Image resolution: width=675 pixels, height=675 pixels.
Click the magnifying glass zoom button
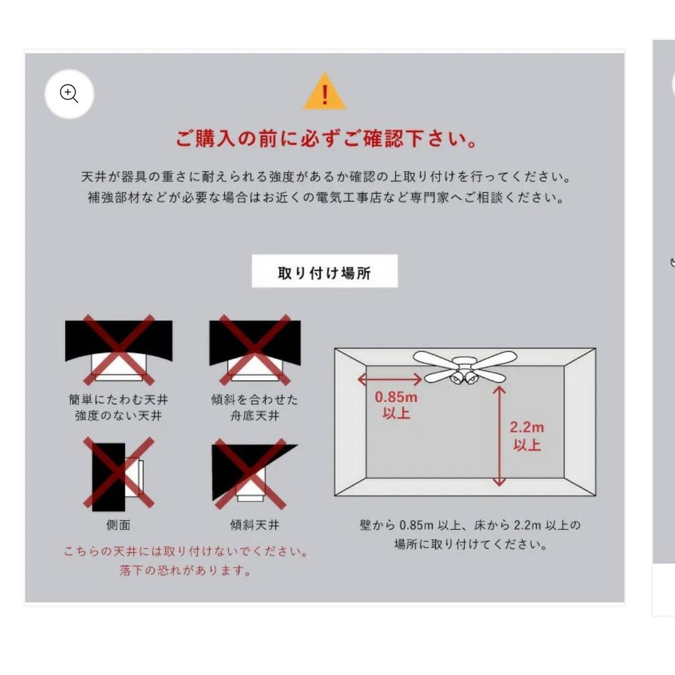(69, 94)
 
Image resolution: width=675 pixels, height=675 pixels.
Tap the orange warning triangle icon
(324, 92)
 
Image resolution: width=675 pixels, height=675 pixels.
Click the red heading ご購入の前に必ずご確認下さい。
(326, 139)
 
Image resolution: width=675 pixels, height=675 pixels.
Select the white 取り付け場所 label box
(324, 272)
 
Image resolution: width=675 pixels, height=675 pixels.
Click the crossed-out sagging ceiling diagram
(119, 349)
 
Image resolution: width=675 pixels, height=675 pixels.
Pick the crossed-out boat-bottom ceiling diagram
(254, 349)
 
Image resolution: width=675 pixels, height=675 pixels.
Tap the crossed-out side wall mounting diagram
(119, 472)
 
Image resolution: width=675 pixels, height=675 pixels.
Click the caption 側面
(118, 526)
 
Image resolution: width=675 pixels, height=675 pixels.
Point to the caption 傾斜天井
(254, 526)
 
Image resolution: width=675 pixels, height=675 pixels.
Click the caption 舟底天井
(254, 416)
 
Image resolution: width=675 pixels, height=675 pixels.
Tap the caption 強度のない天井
(118, 416)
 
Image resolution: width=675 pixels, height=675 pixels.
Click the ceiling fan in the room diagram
(464, 367)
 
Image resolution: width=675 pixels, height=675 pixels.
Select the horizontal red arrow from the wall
(390, 379)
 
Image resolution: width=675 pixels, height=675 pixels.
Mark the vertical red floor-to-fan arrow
(499, 436)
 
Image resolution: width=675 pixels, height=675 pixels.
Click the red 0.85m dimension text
(396, 397)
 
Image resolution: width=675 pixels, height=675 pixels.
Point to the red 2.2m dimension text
(526, 428)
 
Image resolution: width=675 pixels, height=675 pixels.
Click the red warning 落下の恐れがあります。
(186, 571)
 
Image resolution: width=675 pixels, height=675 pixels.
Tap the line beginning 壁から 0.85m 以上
(469, 526)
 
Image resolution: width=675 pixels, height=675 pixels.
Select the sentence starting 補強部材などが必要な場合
(326, 198)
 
